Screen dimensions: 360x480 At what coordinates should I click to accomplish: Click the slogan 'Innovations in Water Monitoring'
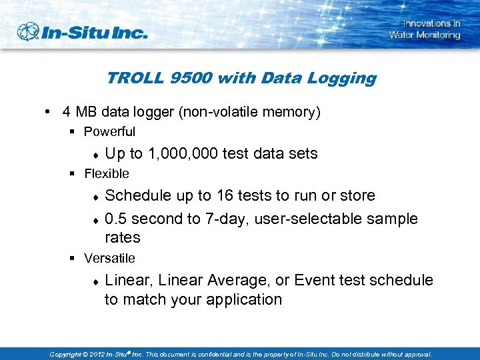click(425, 29)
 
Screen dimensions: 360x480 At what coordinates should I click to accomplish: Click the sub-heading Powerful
click(109, 132)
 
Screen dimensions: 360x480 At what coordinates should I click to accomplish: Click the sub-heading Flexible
click(107, 174)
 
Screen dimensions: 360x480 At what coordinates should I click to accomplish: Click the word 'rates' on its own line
click(122, 237)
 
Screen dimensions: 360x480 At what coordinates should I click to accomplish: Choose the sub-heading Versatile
click(109, 258)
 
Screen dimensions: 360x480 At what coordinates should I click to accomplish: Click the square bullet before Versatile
click(74, 258)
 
